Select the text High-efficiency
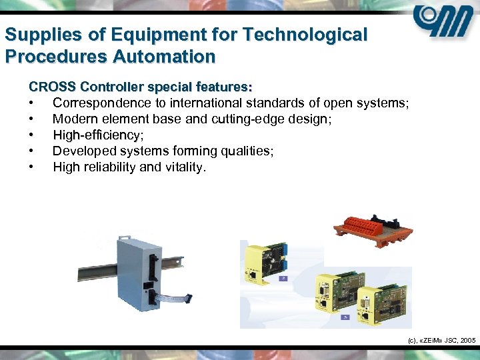[x=97, y=135]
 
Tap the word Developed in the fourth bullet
[x=85, y=151]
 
